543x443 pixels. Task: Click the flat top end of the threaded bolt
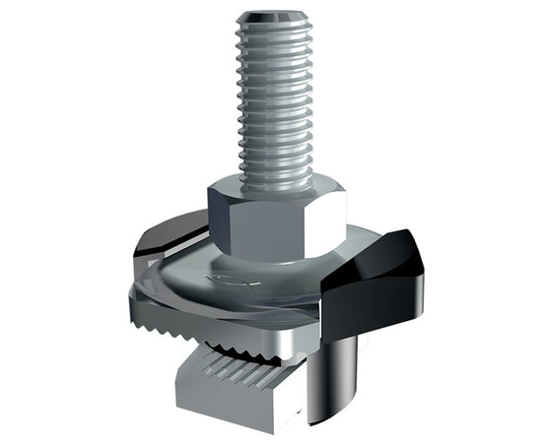click(x=273, y=18)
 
